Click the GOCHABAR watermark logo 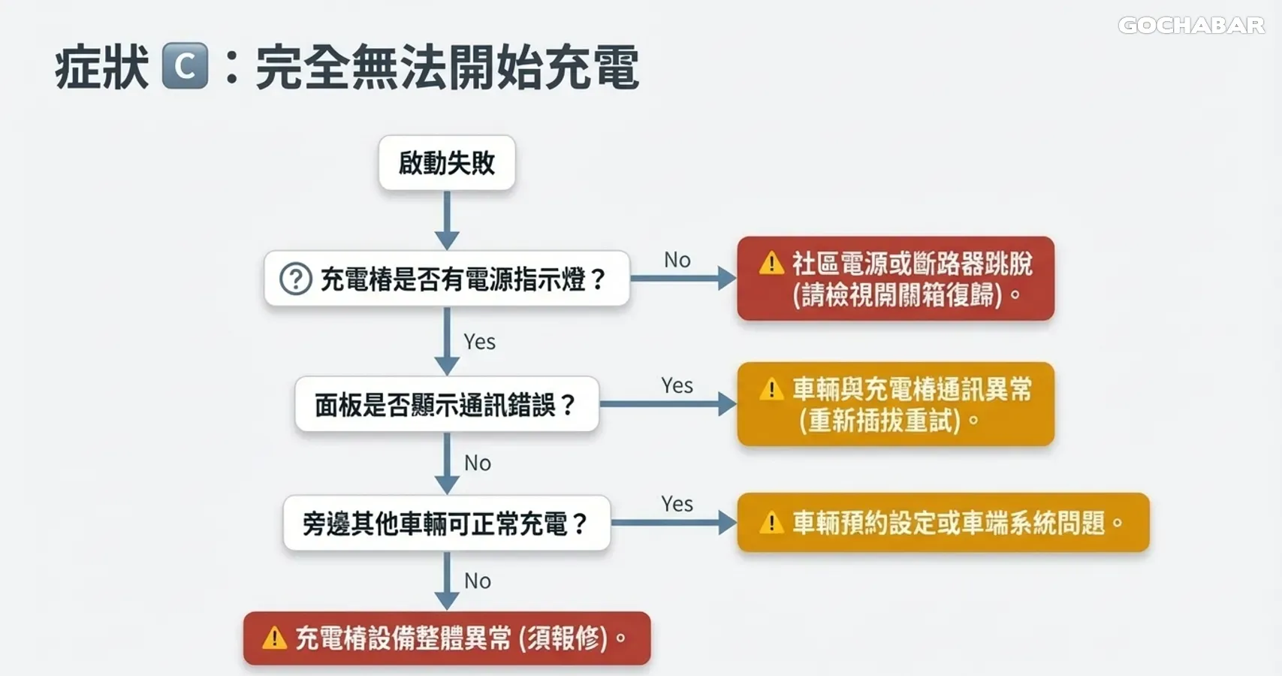pos(1191,26)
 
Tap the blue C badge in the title pos(185,66)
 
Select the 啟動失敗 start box pos(447,163)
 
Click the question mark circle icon pos(296,279)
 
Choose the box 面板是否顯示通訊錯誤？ pos(447,405)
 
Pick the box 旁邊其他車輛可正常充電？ pos(447,524)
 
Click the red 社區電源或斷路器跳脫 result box pos(895,279)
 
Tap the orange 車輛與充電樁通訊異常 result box pos(895,405)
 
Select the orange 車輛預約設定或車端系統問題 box pos(943,523)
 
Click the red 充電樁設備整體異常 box pos(447,638)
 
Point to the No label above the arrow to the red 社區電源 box pos(677,260)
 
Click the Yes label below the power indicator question pos(479,342)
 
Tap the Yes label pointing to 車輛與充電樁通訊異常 pos(677,385)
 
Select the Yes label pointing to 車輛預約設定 pos(677,504)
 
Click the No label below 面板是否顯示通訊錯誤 pos(478,463)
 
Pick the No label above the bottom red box pos(478,581)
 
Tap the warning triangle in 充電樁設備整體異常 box pos(274,638)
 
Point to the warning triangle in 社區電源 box pos(771,264)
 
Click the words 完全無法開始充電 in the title pos(447,68)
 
